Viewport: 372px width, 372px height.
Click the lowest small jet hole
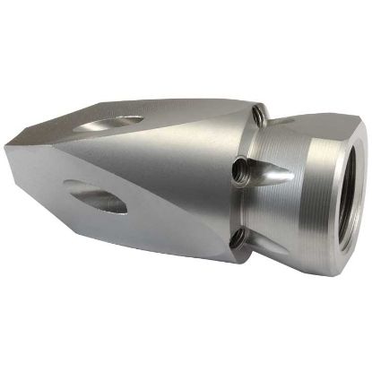pos(237,237)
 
